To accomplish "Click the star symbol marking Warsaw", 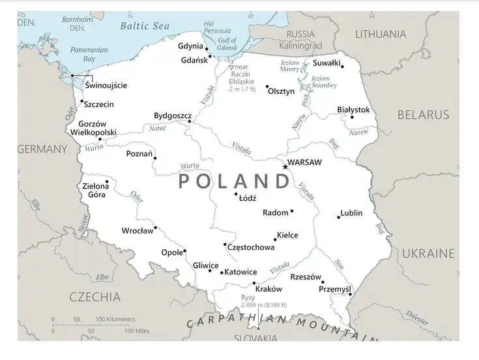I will coord(285,167).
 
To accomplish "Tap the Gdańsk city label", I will coord(194,60).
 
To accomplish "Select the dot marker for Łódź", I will coord(237,194).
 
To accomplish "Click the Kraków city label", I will coord(269,289).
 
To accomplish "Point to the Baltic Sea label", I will coord(144,26).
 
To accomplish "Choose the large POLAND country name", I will coord(233,181).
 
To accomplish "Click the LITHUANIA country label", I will coord(389,35).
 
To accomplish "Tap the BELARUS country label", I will coord(423,115).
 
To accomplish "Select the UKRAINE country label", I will coord(428,253).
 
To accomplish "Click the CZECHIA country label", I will coord(95,297).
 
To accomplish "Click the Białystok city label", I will coord(353,110).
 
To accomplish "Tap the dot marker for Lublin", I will coord(338,217).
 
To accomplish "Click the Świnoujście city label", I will coord(106,85).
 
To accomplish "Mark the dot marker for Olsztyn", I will coord(267,86).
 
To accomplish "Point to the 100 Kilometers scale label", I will coord(115,319).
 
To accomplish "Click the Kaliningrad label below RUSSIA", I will coord(300,46).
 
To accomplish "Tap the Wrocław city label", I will coord(138,231).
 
